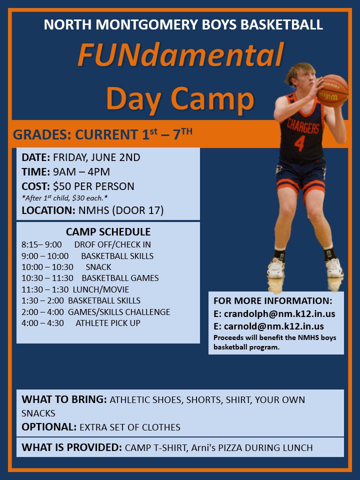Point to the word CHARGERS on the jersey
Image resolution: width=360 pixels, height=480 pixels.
[303, 126]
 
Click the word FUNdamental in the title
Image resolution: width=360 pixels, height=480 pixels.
[180, 55]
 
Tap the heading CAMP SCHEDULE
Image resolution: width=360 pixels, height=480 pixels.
[108, 232]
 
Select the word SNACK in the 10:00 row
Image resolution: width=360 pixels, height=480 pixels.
[98, 267]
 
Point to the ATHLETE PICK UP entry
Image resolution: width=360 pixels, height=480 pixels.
[108, 323]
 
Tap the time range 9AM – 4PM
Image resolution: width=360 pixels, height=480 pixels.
[81, 172]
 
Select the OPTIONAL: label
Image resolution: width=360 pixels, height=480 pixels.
[48, 427]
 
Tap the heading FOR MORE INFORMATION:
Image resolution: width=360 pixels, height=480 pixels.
[272, 301]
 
